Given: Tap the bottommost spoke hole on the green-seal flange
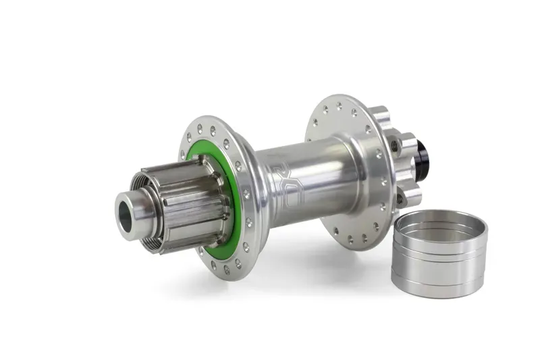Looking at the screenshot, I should point(225,269).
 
